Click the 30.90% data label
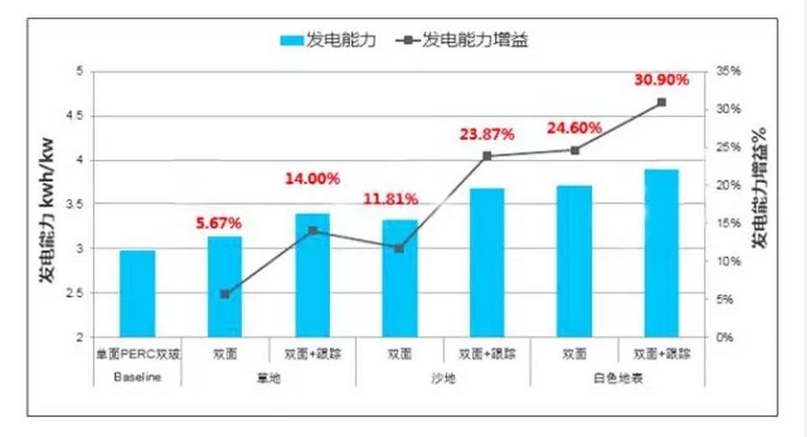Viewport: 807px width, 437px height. (663, 80)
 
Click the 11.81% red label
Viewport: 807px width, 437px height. (390, 200)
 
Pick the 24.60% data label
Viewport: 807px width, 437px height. (574, 128)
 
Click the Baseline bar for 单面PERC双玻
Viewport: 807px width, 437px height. (137, 294)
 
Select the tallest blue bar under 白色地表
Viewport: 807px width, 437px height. (662, 252)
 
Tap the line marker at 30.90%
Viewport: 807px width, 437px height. (662, 102)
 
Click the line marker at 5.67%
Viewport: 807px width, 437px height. (224, 294)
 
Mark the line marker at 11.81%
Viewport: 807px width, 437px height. (399, 248)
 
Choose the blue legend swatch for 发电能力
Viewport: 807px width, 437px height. (292, 40)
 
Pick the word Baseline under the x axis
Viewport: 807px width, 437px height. (136, 378)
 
